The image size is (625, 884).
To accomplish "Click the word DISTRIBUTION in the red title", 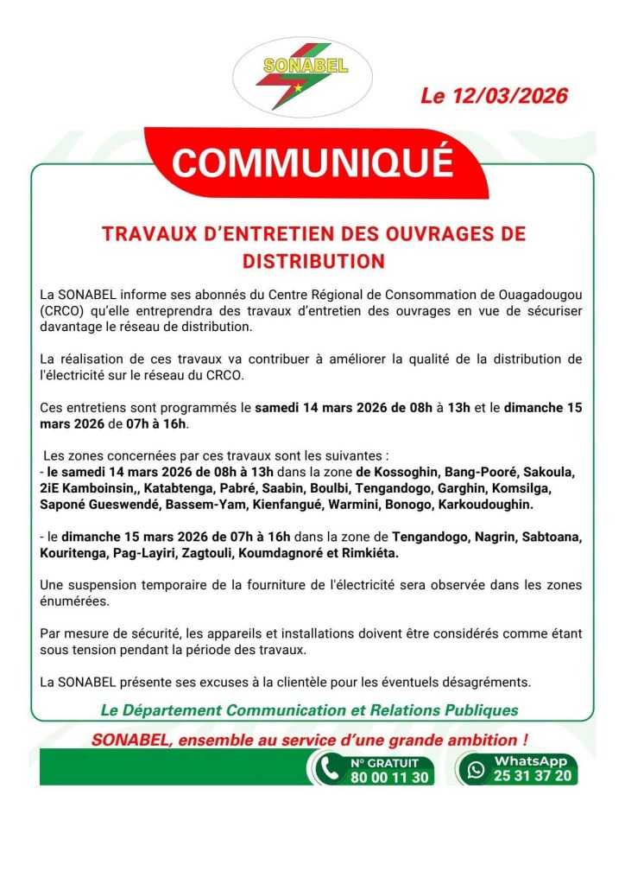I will (312, 260).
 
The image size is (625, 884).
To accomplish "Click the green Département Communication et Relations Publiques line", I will (310, 710).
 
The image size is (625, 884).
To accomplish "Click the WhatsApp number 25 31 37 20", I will (531, 776).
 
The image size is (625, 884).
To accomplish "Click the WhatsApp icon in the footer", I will (476, 769).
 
